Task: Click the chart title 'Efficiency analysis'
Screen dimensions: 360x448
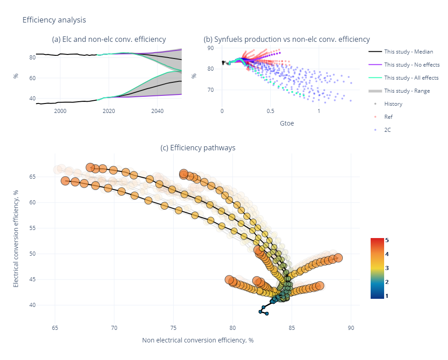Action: coord(54,20)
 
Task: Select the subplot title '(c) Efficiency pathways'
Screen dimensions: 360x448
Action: coord(198,148)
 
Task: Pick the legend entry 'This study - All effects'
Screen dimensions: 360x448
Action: coord(411,78)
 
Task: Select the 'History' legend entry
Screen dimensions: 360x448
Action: coord(393,104)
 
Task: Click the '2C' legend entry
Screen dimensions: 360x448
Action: coord(388,130)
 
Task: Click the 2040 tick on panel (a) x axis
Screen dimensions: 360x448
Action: coord(157,111)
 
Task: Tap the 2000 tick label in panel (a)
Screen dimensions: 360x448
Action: coord(60,111)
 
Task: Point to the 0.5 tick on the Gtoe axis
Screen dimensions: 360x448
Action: coord(270,111)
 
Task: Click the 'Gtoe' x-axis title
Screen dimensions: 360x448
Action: coord(287,123)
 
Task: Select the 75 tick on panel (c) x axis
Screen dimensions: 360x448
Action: coord(173,327)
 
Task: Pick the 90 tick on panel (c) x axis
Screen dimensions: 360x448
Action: coord(351,327)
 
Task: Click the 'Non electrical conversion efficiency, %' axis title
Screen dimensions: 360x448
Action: coord(198,340)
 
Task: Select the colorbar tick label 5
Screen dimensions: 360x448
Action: coord(387,240)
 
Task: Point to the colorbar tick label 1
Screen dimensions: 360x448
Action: coord(387,296)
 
